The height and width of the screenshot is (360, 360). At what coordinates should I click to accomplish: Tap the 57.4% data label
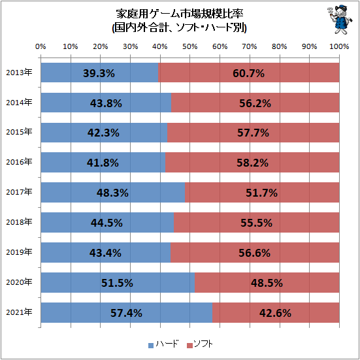[x=126, y=313]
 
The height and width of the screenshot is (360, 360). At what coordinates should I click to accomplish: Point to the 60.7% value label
[x=248, y=73]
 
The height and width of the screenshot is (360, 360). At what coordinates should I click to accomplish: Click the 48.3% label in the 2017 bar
[x=112, y=193]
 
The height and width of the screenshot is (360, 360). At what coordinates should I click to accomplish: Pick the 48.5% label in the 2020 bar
[x=266, y=283]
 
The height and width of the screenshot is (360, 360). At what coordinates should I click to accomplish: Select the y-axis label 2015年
[x=18, y=133]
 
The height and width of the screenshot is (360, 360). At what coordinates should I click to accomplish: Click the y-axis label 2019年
[x=18, y=252]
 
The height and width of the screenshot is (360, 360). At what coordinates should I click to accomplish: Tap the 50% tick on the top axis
[x=189, y=46]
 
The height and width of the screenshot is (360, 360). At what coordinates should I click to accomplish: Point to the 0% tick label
[x=41, y=46]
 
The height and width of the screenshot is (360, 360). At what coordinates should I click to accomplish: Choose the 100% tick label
[x=338, y=46]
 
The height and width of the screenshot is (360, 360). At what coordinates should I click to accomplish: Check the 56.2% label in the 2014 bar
[x=254, y=103]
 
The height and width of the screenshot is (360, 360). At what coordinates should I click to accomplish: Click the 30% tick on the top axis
[x=130, y=46]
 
